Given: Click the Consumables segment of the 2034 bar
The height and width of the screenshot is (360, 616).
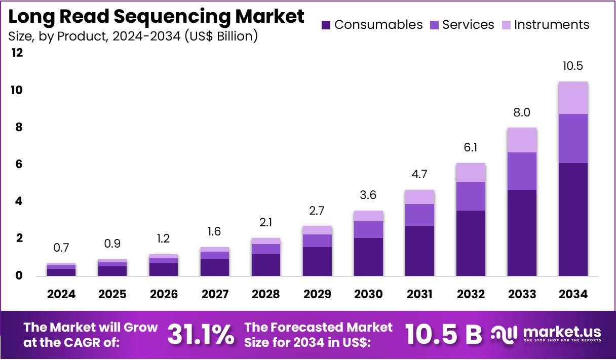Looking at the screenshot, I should [x=573, y=219].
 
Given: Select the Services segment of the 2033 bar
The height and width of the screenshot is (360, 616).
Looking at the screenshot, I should [x=522, y=171].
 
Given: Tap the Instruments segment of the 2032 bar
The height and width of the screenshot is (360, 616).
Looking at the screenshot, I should [x=471, y=173].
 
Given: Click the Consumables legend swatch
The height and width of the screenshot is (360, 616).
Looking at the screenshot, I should [x=326, y=25].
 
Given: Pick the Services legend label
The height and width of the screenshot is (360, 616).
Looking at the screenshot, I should [x=468, y=25].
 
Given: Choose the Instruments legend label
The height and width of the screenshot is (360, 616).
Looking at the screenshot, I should [x=552, y=25].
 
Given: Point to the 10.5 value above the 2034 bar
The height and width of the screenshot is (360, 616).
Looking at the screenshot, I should [x=573, y=66].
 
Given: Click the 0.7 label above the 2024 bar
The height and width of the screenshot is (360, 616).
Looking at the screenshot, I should [x=61, y=248].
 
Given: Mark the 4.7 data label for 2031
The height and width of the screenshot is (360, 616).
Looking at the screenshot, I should [x=419, y=175].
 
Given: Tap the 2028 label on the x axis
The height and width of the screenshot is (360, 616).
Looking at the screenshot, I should [x=266, y=294].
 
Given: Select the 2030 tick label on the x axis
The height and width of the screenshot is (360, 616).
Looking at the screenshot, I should [x=368, y=294].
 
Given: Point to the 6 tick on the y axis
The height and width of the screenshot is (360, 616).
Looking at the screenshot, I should [x=19, y=165].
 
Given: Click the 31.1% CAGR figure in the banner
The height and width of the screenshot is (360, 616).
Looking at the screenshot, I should [x=201, y=335].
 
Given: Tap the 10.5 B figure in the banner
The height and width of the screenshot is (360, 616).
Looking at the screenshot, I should [x=443, y=335].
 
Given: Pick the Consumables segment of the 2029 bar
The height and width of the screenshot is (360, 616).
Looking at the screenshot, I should [x=317, y=261].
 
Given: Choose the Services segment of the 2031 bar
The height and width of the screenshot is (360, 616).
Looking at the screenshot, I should [x=419, y=215].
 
